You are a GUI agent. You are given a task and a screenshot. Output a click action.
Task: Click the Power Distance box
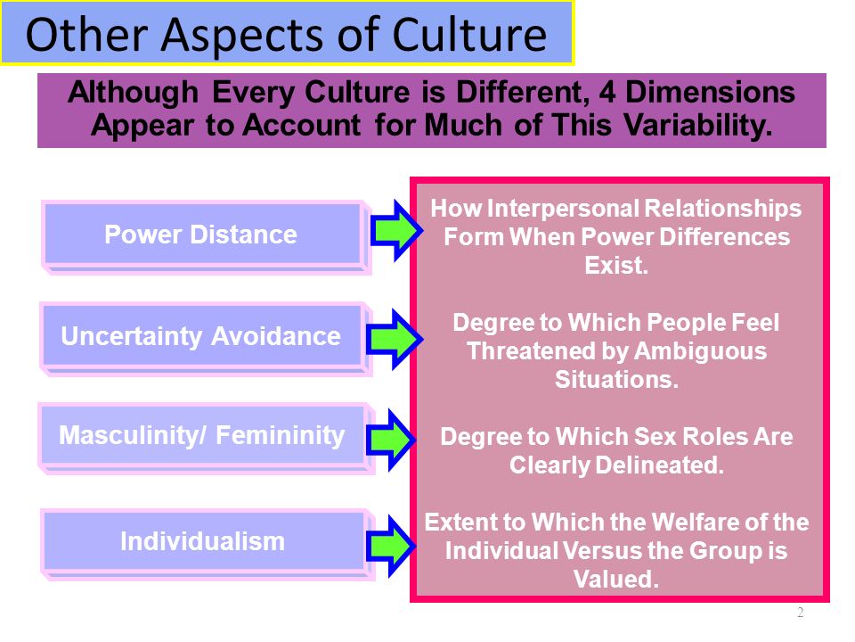click(206, 237)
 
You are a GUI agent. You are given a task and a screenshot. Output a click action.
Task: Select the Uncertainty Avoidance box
click(206, 339)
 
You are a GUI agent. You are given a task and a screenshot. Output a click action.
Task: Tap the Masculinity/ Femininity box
click(206, 439)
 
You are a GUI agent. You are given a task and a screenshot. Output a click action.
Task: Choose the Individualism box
click(208, 544)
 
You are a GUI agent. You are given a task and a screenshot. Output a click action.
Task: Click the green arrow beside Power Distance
click(396, 230)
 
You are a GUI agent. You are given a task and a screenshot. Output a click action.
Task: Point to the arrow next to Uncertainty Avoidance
click(395, 339)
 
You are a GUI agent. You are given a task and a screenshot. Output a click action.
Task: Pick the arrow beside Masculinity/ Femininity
click(391, 440)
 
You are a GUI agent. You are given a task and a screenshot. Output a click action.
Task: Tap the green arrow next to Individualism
click(391, 546)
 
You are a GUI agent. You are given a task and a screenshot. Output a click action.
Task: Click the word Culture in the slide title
click(469, 35)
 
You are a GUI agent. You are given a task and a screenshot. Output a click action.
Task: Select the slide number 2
click(800, 612)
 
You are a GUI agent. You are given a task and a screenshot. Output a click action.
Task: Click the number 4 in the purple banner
click(607, 92)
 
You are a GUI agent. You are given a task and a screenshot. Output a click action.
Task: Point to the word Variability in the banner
click(698, 126)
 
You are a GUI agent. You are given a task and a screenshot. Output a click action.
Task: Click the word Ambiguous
click(700, 351)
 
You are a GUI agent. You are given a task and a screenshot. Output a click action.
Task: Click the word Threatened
click(531, 351)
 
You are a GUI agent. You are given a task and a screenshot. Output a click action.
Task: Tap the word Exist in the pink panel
click(616, 266)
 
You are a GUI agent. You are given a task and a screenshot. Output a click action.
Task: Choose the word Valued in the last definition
click(616, 580)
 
